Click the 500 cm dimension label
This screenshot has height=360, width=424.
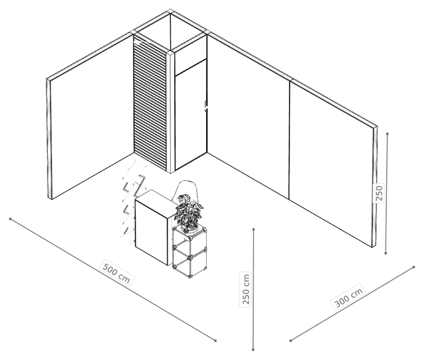click(117, 272)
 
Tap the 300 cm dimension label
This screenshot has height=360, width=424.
click(348, 298)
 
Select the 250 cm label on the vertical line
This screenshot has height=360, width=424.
click(246, 289)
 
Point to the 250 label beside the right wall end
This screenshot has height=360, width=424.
click(379, 193)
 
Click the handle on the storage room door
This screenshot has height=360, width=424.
click(205, 105)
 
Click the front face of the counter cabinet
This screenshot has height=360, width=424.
click(152, 232)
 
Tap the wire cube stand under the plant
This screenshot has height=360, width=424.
click(189, 252)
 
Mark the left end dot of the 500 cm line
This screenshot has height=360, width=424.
click(11, 219)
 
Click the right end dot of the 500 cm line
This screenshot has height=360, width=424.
click(215, 341)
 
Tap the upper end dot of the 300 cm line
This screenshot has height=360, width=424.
click(414, 267)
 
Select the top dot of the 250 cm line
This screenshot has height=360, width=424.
click(254, 229)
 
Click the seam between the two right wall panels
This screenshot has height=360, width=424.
click(290, 140)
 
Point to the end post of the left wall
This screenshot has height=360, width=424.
click(49, 139)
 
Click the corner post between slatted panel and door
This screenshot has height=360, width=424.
click(171, 111)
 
